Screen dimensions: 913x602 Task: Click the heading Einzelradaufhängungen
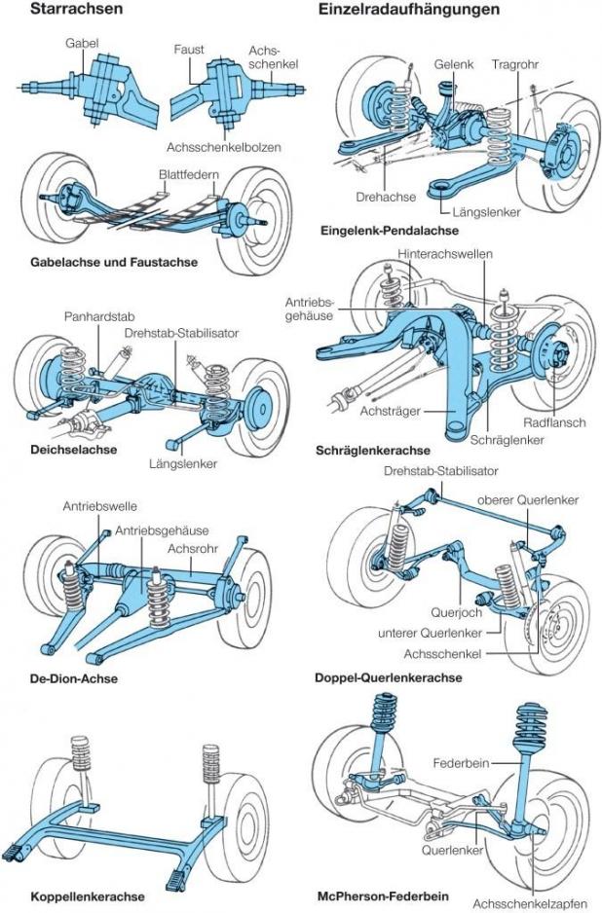tap(408, 11)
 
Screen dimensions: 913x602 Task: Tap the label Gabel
tap(83, 44)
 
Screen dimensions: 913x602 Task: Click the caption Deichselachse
tap(74, 450)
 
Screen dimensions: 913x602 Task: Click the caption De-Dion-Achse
tap(74, 678)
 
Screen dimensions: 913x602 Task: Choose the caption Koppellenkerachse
tap(88, 895)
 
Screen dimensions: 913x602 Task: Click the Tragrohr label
tap(515, 64)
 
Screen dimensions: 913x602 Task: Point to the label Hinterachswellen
tap(445, 253)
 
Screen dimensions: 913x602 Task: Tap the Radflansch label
tap(550, 423)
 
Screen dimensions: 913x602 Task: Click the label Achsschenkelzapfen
tap(533, 901)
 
